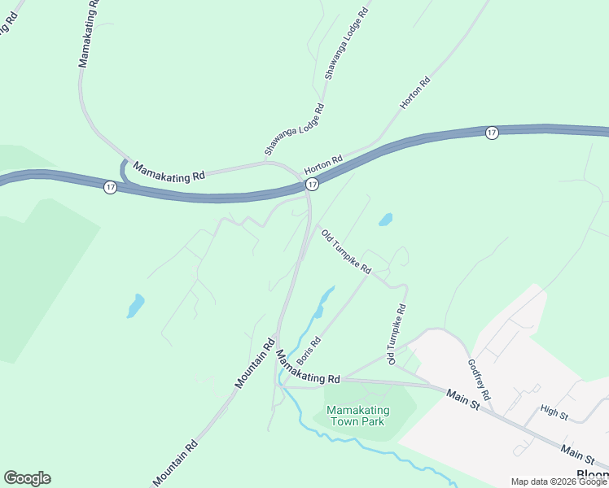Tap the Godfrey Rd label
tap(480, 379)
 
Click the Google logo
tap(27, 478)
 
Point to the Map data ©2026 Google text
tap(559, 481)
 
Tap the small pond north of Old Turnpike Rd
tap(385, 219)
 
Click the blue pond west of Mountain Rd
tap(136, 305)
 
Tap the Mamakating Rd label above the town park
tap(307, 368)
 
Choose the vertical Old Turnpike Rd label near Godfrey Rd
tap(397, 334)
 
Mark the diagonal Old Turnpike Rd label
tap(346, 251)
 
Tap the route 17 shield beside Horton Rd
tap(311, 185)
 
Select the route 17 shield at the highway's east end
tap(492, 133)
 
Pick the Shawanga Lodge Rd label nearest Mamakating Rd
tap(294, 129)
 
